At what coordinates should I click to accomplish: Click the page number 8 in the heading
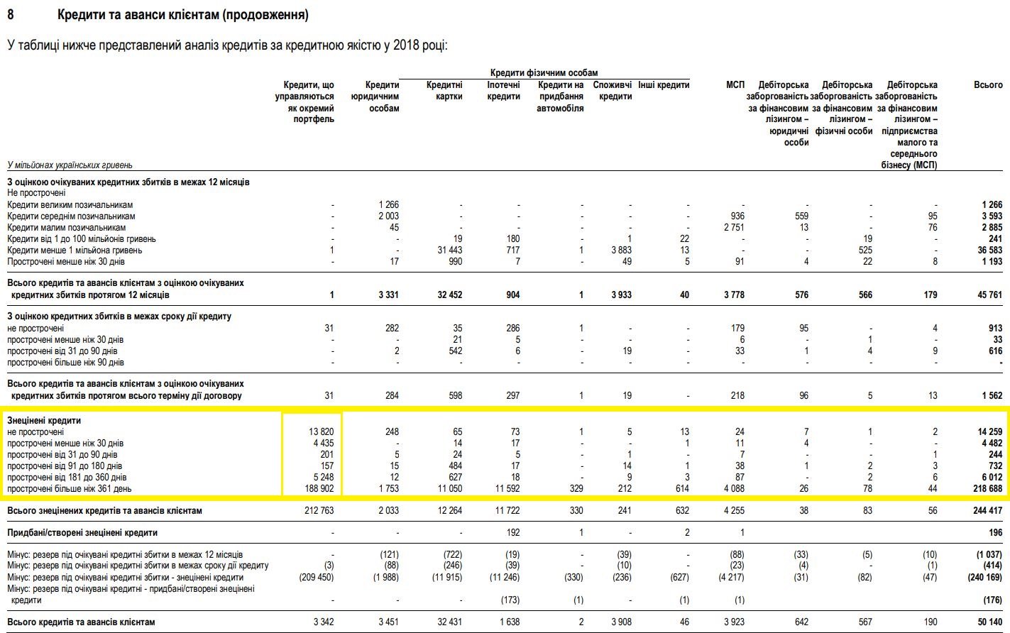(x=11, y=15)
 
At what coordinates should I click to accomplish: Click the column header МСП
(x=735, y=85)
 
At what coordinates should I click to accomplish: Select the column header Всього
(x=988, y=85)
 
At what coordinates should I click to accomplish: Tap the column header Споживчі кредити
(x=613, y=91)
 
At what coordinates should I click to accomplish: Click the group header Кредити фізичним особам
(x=544, y=72)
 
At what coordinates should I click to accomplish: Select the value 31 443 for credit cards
(x=446, y=251)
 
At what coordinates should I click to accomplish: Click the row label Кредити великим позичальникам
(x=70, y=205)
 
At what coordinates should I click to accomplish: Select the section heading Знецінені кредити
(x=44, y=421)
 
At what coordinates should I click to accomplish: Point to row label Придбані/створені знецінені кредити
(x=82, y=533)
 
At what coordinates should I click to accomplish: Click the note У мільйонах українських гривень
(x=70, y=165)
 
